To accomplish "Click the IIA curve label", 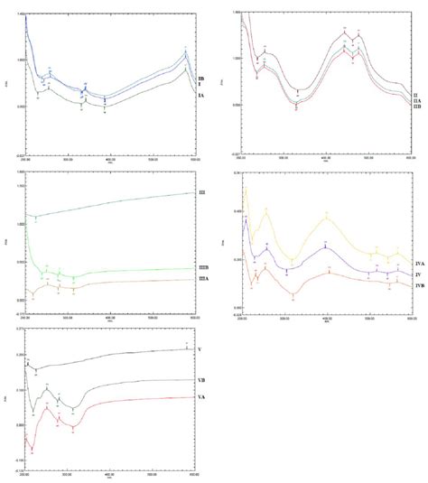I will click(416, 99).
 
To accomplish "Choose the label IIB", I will click(416, 107).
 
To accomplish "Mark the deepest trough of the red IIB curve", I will click(296, 106).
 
